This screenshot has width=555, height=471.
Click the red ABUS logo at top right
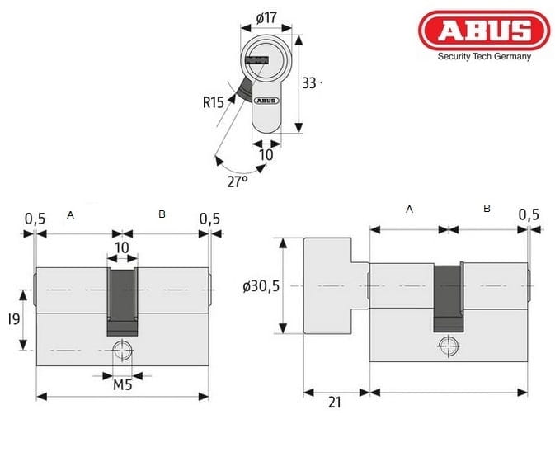(x=484, y=30)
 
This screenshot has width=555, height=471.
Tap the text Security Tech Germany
(x=484, y=57)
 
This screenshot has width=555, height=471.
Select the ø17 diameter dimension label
(x=266, y=17)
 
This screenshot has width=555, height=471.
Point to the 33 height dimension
(x=308, y=83)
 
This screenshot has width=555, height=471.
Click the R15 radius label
(x=213, y=103)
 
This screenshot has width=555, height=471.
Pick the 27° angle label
(x=238, y=181)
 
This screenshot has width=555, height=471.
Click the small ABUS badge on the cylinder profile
(x=266, y=101)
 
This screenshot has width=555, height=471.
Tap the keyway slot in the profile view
(x=256, y=60)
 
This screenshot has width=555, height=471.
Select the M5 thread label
(x=123, y=384)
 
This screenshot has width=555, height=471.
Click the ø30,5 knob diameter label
(x=261, y=286)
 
